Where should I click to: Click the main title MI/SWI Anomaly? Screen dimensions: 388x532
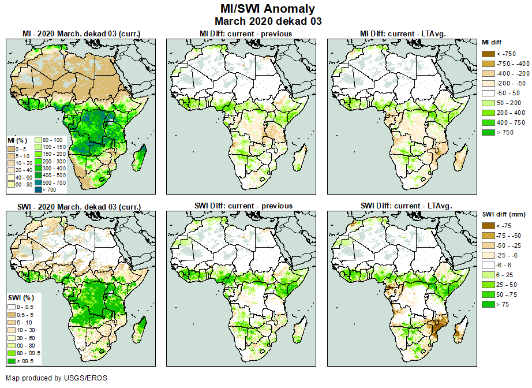[268, 9]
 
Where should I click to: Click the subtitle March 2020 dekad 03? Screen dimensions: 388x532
[268, 21]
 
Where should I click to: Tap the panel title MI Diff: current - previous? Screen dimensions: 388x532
[245, 34]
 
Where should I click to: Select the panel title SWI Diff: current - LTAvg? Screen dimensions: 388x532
[406, 206]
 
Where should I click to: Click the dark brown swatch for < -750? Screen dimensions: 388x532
[488, 54]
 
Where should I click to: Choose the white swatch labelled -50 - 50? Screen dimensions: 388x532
[488, 93]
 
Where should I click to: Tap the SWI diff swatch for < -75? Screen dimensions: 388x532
[488, 226]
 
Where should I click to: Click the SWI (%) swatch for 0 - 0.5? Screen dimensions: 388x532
[12, 306]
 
